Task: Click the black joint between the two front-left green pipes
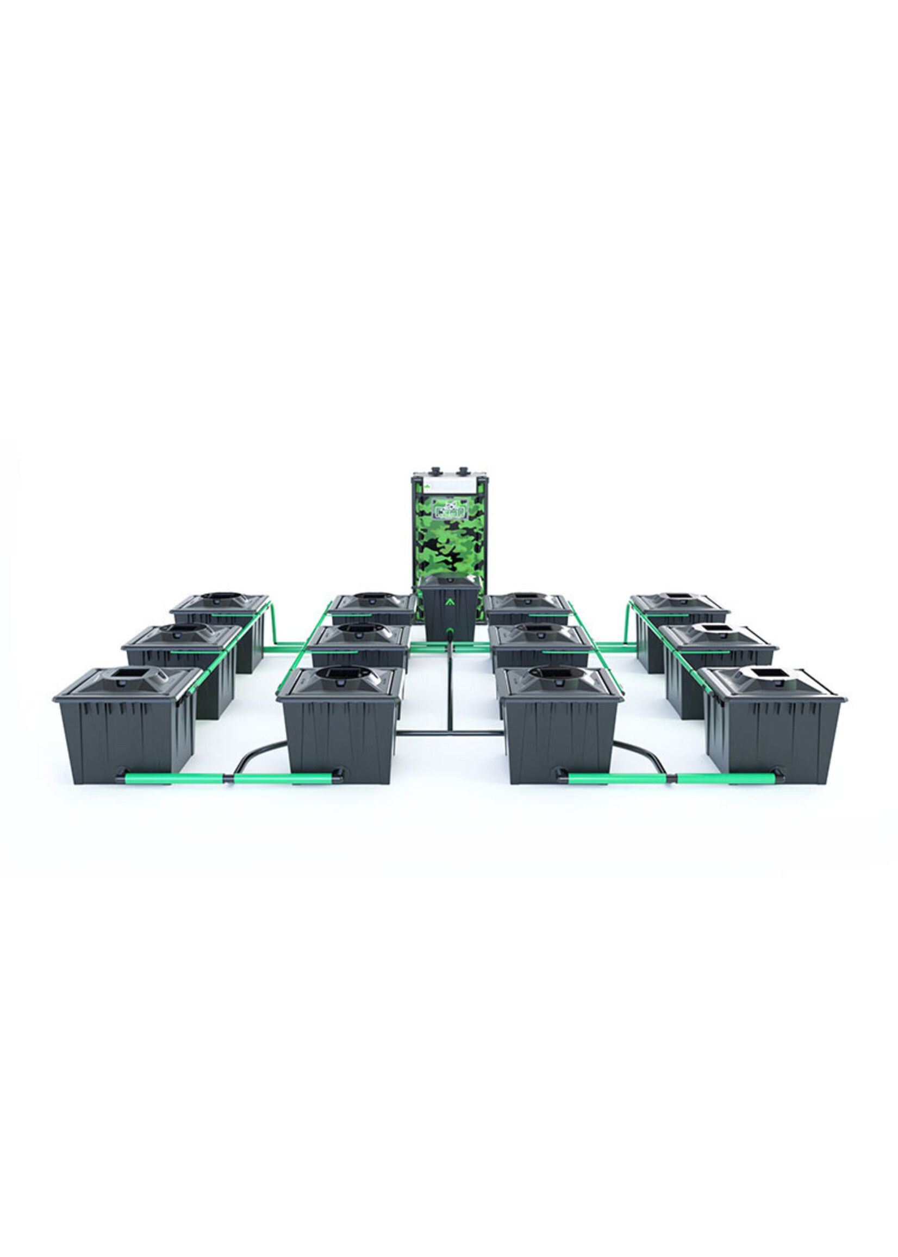tap(228, 778)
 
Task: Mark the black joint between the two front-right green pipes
tap(671, 778)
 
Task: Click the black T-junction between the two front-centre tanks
tap(449, 733)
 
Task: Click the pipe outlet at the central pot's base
tap(449, 632)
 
